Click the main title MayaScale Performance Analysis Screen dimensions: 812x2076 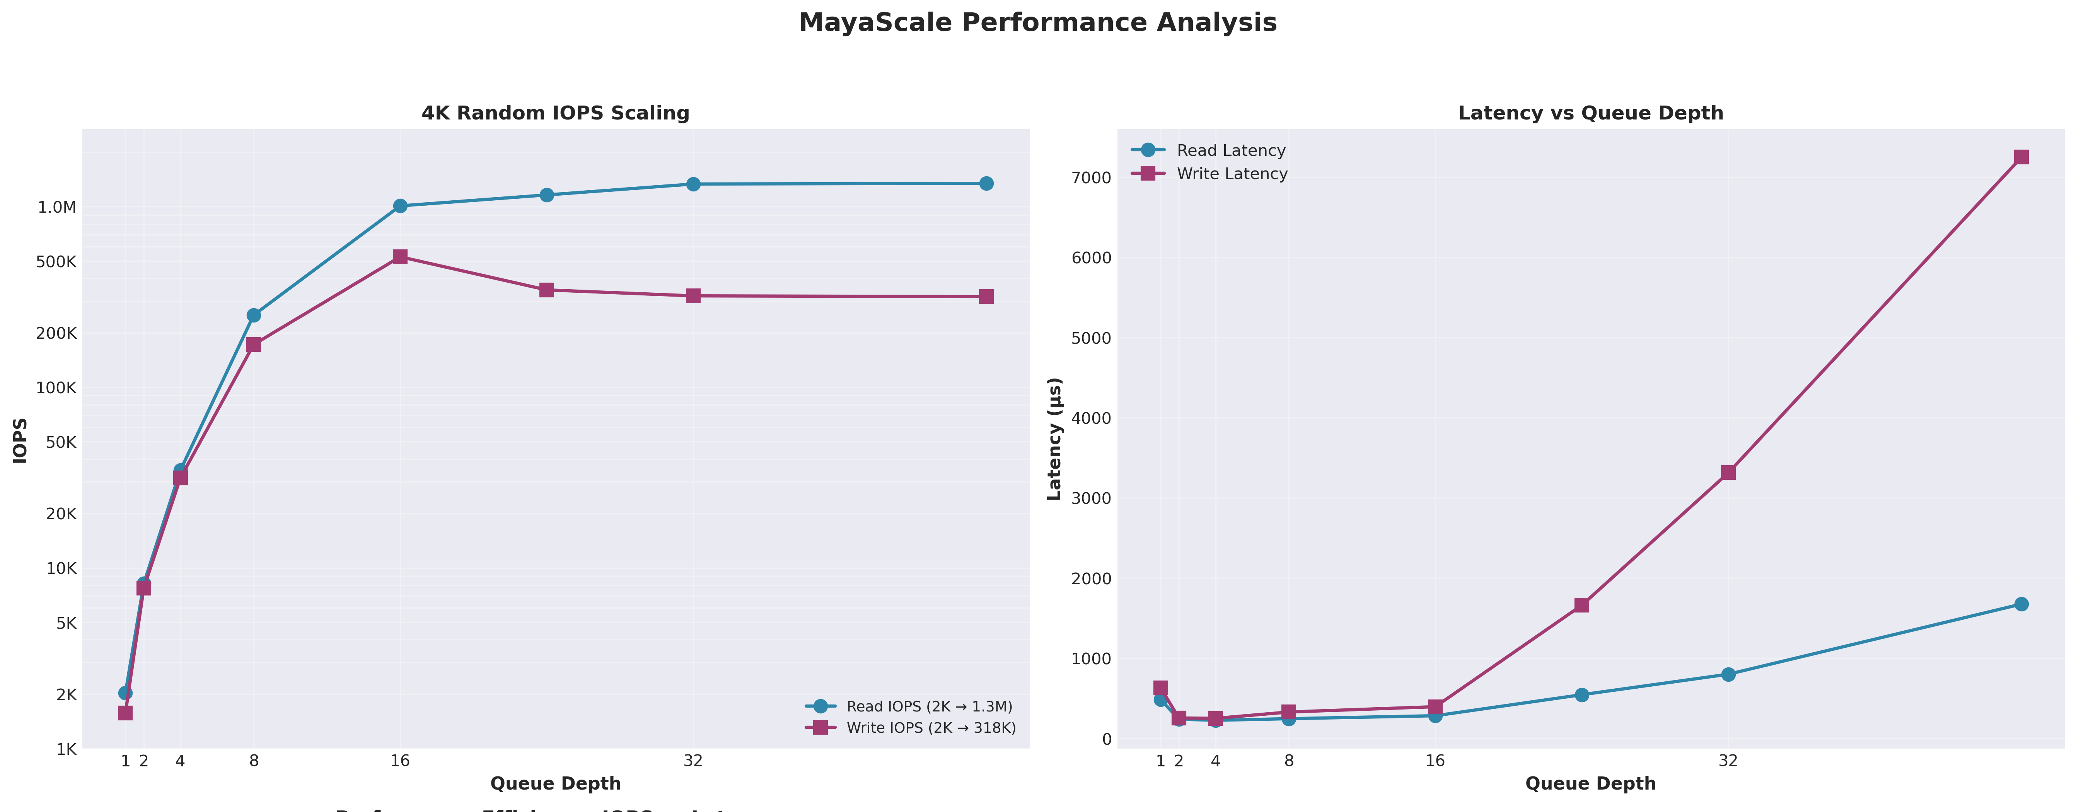click(1037, 22)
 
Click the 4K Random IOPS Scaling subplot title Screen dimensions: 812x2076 click(555, 113)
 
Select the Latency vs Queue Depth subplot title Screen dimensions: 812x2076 click(1590, 113)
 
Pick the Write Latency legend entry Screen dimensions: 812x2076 click(1232, 174)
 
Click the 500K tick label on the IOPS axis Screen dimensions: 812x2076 click(57, 262)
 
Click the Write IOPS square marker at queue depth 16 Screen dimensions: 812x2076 click(400, 257)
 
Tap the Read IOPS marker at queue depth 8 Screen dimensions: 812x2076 click(254, 315)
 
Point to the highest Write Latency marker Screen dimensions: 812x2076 click(2020, 157)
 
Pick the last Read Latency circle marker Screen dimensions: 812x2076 click(2020, 604)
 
